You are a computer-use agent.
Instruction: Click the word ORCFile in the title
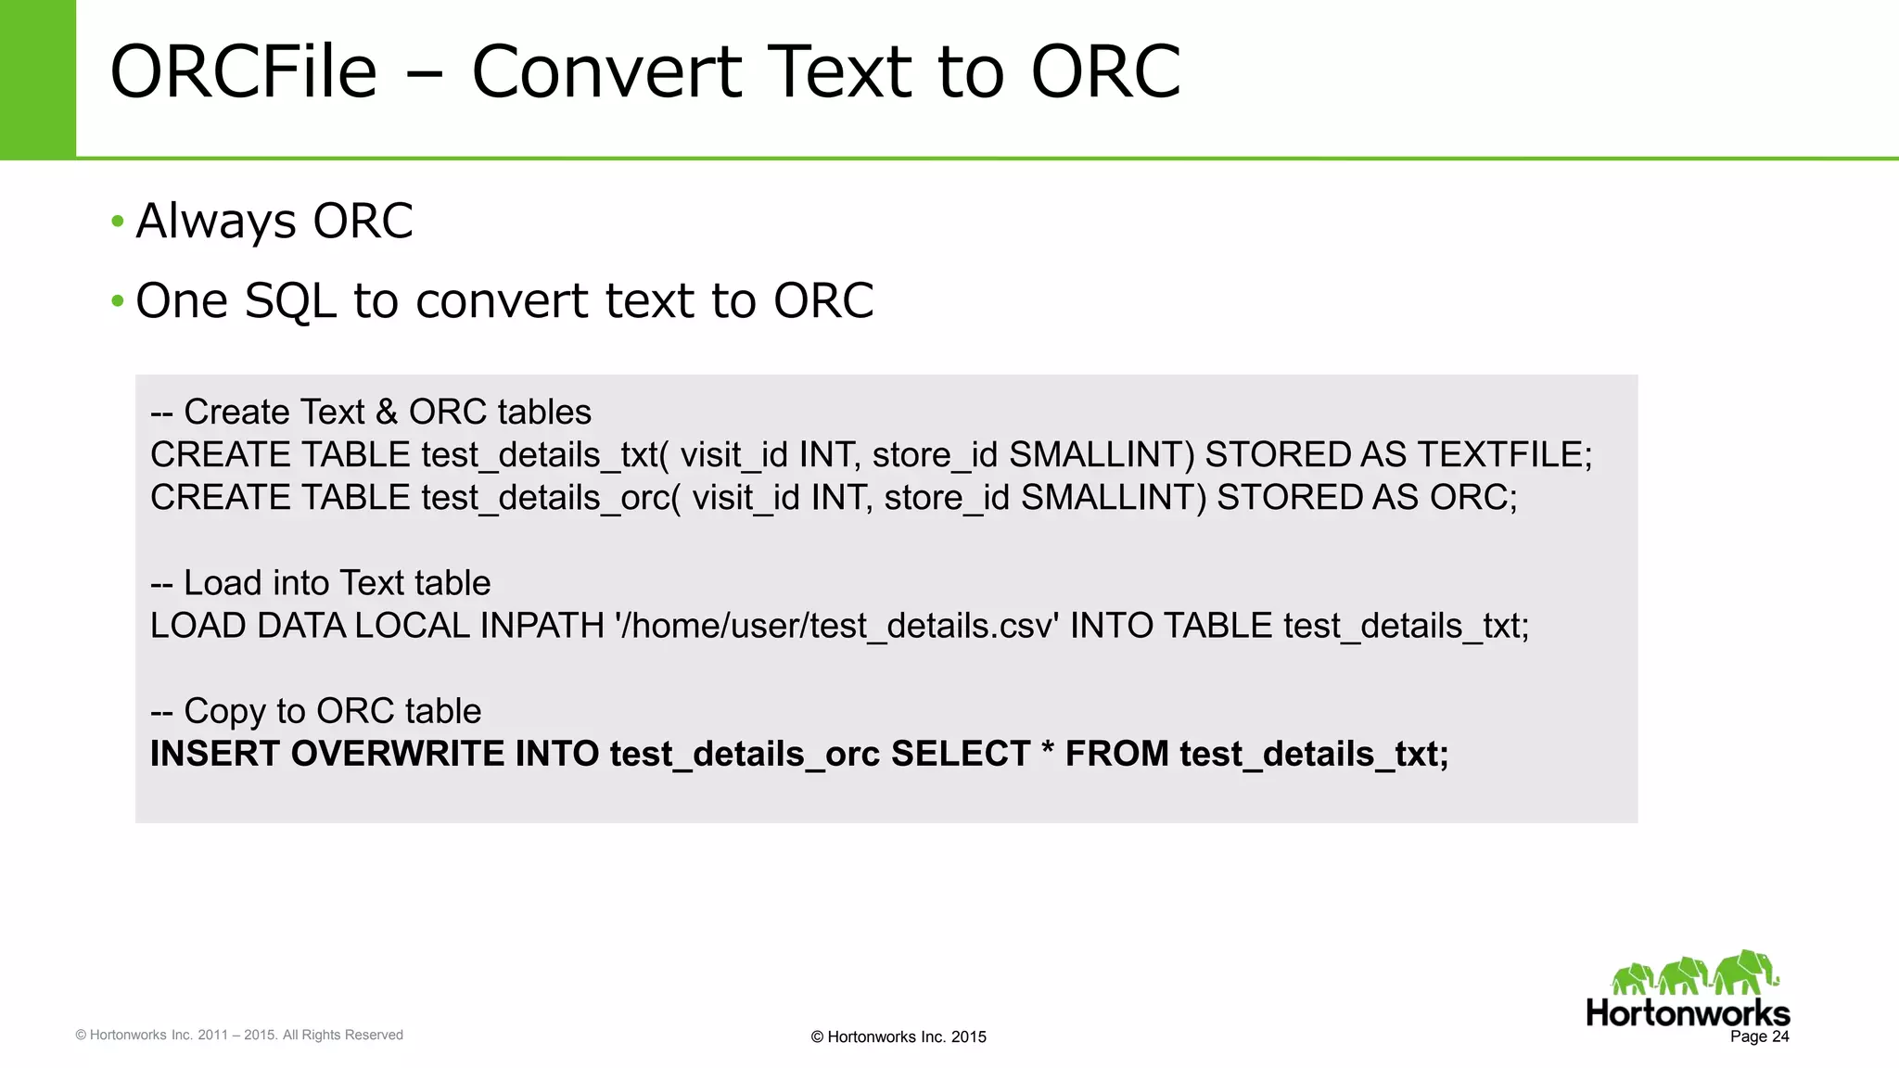243,72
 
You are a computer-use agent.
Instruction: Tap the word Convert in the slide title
606,72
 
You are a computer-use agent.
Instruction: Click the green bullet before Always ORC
117,222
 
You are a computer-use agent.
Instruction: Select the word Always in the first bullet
216,222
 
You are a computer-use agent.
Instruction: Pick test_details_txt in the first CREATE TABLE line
539,455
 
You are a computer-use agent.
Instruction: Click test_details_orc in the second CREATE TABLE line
545,498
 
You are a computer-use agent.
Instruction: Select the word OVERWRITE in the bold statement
398,754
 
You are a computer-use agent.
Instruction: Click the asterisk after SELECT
1048,749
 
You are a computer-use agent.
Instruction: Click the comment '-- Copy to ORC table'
315,711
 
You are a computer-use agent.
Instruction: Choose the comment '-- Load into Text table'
320,583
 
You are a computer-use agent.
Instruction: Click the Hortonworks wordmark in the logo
1688,1012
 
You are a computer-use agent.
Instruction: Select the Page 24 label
1759,1036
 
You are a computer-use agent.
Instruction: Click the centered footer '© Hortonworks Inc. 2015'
898,1037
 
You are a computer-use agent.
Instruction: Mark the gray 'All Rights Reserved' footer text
342,1035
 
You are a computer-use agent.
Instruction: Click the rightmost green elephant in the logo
1745,973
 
